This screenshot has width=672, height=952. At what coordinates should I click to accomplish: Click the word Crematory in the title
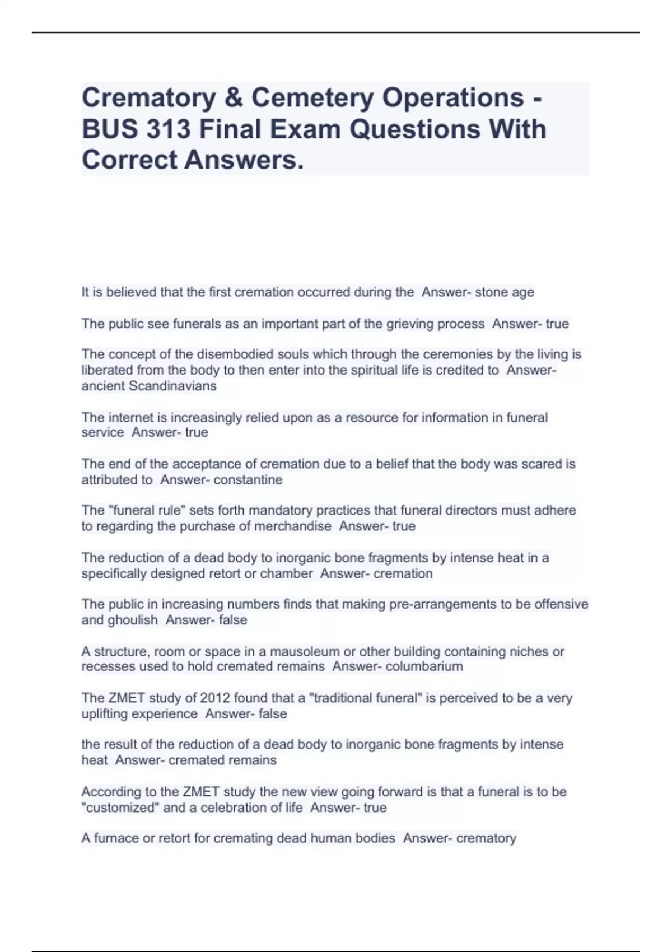coord(148,98)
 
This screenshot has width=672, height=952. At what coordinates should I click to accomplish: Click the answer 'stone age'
coord(505,292)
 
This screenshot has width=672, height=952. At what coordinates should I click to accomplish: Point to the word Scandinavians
coord(172,386)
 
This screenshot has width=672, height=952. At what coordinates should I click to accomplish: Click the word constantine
coord(248,480)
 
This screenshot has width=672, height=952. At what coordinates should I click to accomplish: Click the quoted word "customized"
coord(119,808)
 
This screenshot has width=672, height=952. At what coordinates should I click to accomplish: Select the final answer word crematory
coord(486,838)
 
